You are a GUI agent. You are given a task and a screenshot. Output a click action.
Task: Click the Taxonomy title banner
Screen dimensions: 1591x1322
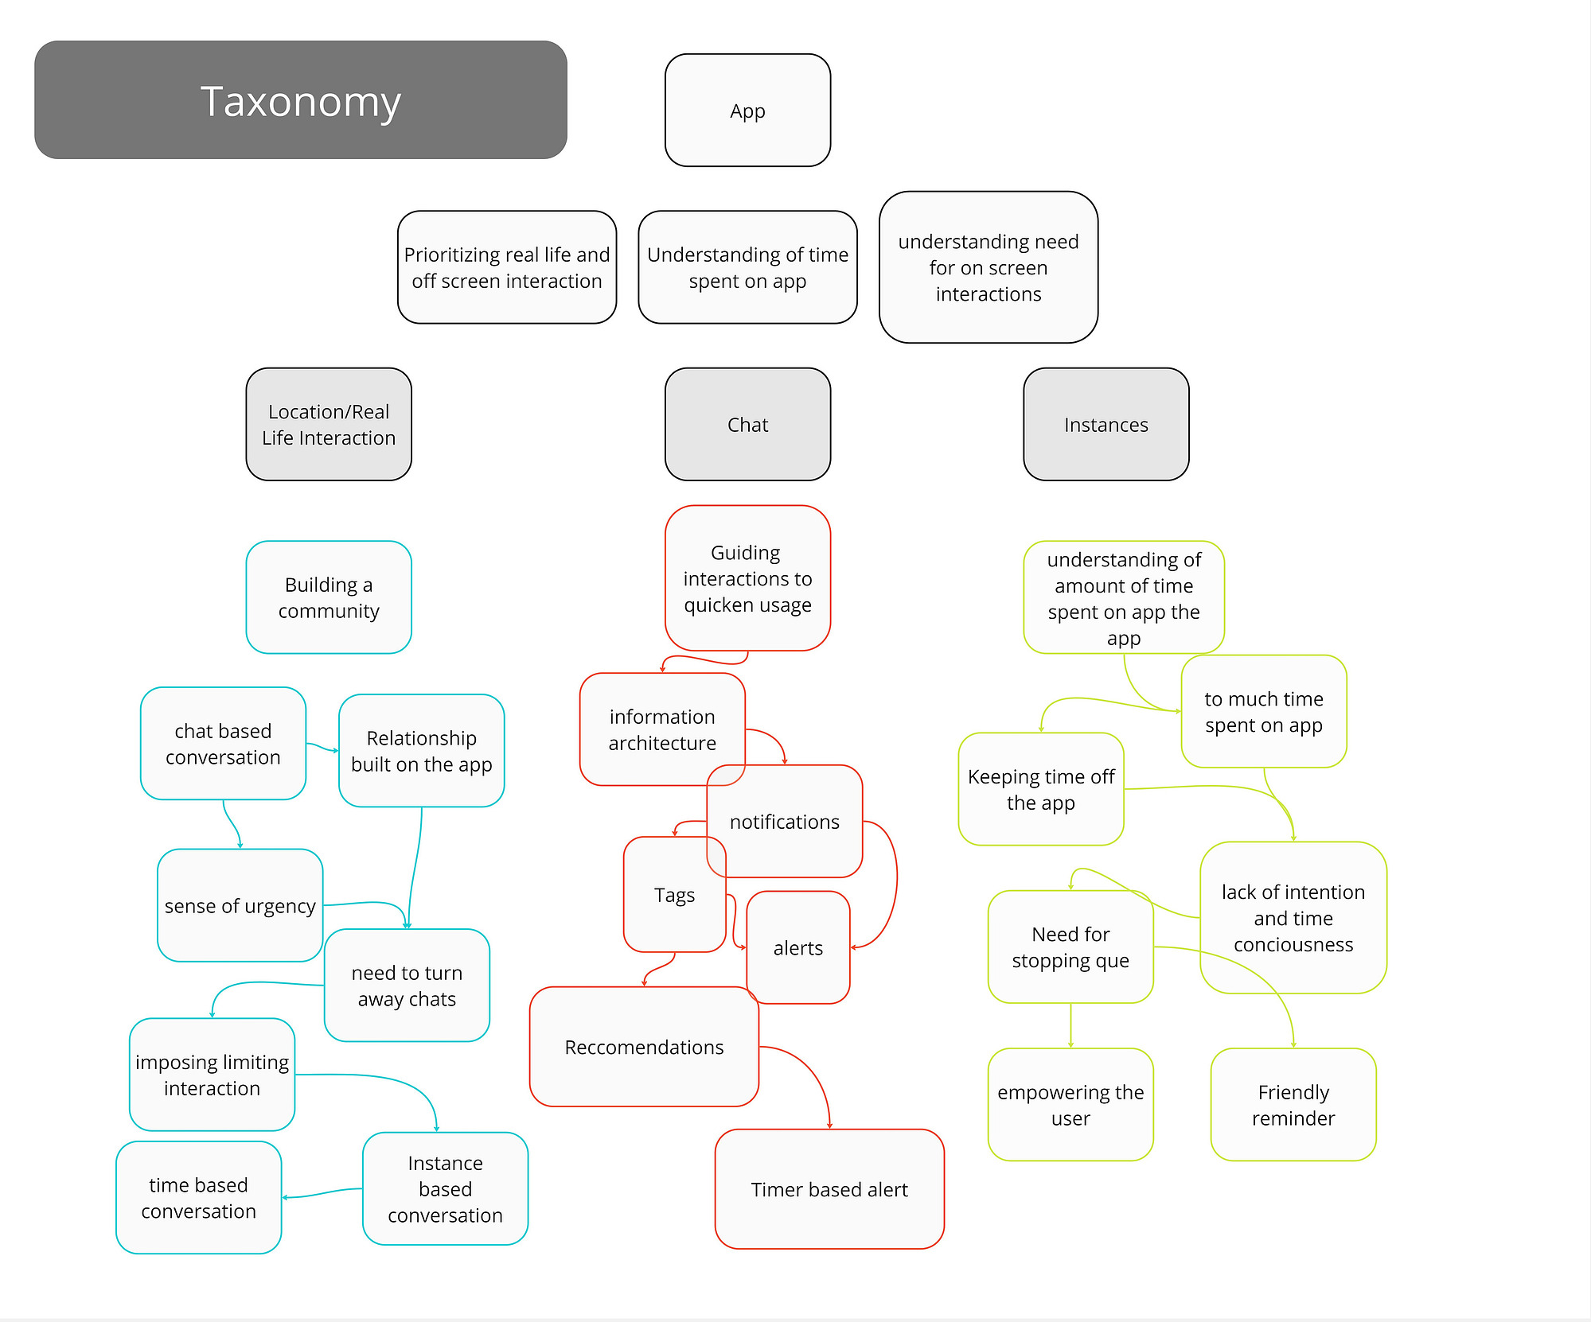click(x=301, y=100)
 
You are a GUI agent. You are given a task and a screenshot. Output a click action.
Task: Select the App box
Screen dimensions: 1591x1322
click(x=747, y=111)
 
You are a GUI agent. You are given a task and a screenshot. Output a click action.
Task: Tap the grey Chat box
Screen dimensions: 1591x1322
click(x=747, y=424)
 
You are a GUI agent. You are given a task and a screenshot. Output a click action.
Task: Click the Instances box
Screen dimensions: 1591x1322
click(x=1106, y=424)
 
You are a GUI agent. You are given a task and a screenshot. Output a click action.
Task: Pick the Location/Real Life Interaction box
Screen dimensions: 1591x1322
click(x=329, y=424)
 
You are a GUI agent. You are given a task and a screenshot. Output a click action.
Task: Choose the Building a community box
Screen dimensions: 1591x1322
click(x=329, y=597)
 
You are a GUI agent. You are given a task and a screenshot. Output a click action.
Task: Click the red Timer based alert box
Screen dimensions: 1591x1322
click(x=829, y=1189)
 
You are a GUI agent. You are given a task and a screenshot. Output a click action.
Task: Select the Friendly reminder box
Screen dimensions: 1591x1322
click(x=1293, y=1105)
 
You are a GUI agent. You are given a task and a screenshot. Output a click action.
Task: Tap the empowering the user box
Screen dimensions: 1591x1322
click(x=1070, y=1105)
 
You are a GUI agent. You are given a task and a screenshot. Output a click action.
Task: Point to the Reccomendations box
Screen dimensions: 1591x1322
click(x=644, y=1047)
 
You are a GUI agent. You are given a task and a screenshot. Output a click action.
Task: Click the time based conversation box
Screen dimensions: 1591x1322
click(x=199, y=1198)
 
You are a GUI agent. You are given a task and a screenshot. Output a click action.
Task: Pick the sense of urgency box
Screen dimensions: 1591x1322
click(x=240, y=905)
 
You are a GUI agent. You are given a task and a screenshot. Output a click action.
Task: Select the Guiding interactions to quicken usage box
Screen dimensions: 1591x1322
click(x=747, y=578)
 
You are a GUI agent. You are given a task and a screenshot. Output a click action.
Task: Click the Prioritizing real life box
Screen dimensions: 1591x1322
click(x=507, y=267)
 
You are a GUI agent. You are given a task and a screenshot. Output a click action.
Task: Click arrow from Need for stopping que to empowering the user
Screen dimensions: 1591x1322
click(x=1070, y=1026)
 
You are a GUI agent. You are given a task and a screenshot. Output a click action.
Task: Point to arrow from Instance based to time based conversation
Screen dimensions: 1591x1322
click(x=322, y=1193)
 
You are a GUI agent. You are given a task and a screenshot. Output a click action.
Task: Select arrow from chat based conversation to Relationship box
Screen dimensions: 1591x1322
click(x=322, y=748)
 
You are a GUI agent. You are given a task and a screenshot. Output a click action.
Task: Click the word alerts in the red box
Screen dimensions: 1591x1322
click(x=798, y=948)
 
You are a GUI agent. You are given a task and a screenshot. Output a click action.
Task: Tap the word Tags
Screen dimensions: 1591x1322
click(x=675, y=896)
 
